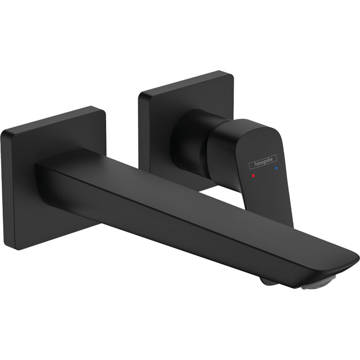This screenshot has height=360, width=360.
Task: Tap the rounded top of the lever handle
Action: (x=252, y=124)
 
